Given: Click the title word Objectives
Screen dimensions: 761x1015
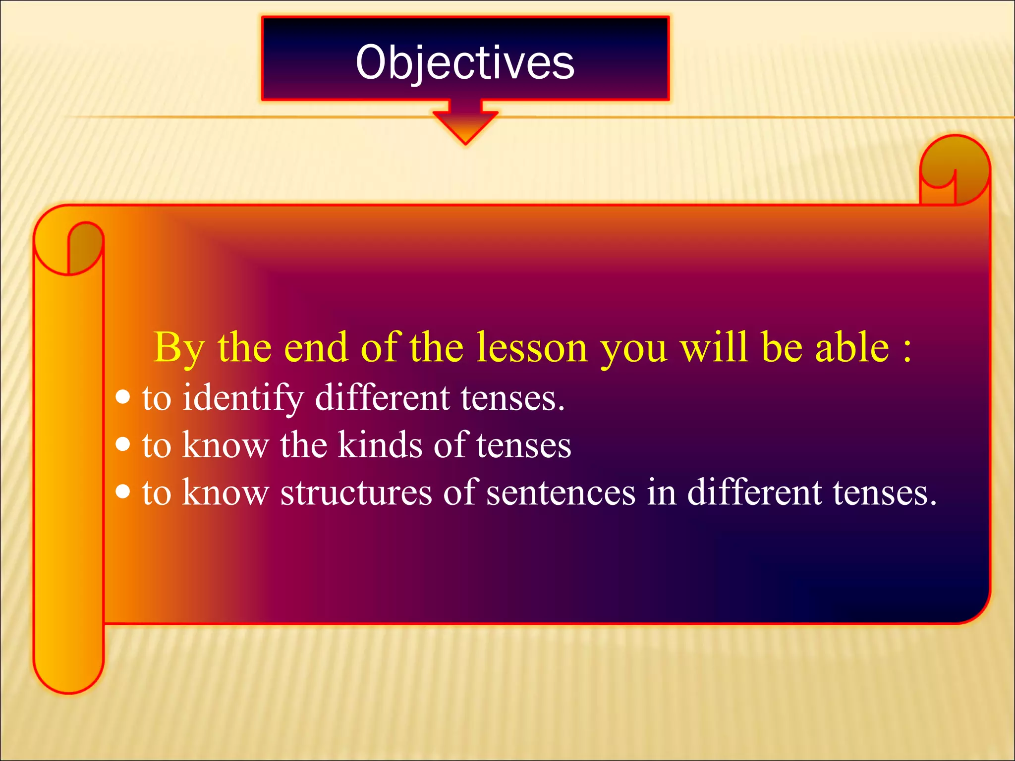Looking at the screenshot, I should pos(465,62).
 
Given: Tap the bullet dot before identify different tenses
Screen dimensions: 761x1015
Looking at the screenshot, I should pos(122,397).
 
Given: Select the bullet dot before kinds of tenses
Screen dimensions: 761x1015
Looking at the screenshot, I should pos(122,444).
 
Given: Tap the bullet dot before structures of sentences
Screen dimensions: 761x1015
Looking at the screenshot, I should pos(122,491).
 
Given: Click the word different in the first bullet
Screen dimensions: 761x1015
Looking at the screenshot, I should pos(383,397).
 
